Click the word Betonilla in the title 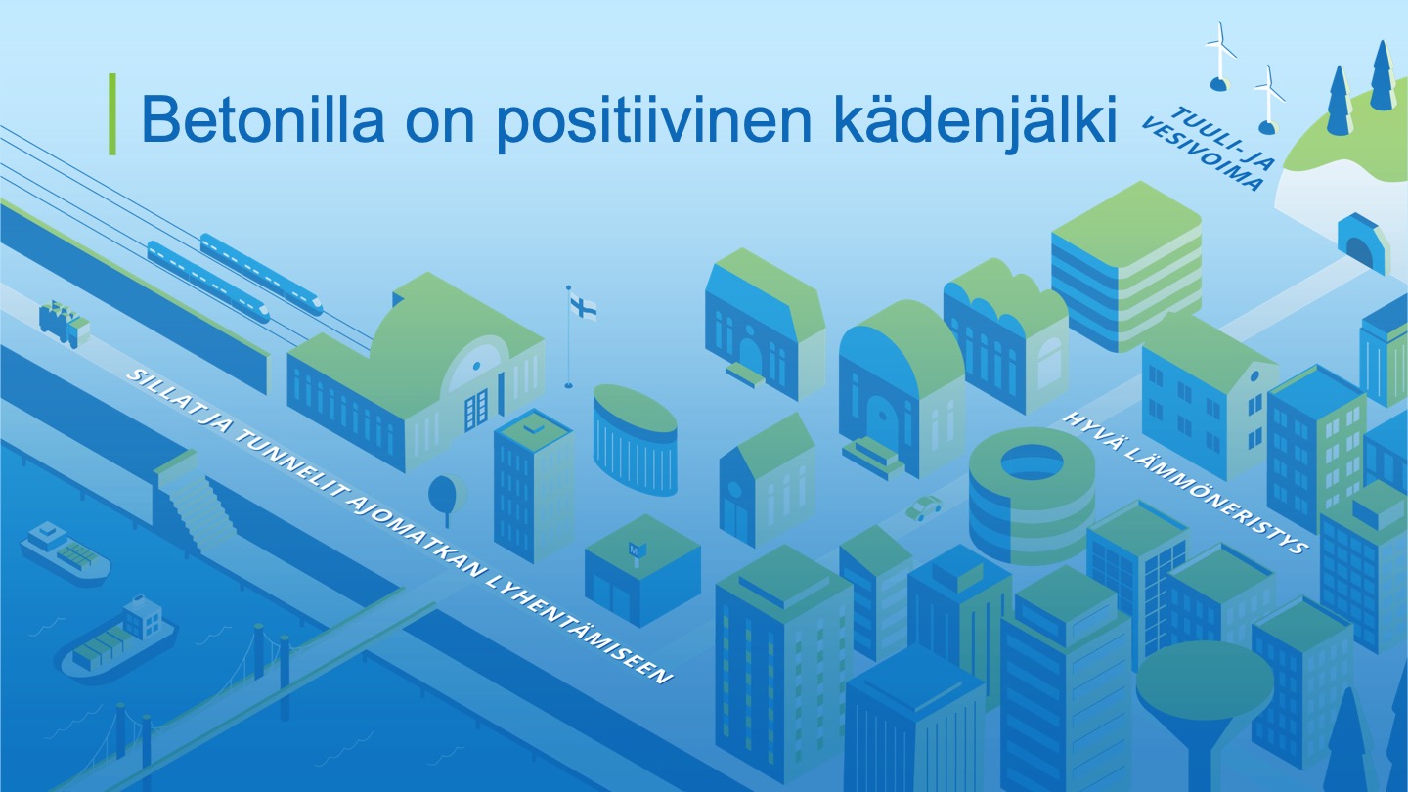click(263, 118)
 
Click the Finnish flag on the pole click(584, 308)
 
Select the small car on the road click(923, 507)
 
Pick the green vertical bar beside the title click(112, 113)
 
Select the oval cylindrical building click(635, 441)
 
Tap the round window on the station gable click(476, 366)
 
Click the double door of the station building click(476, 410)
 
